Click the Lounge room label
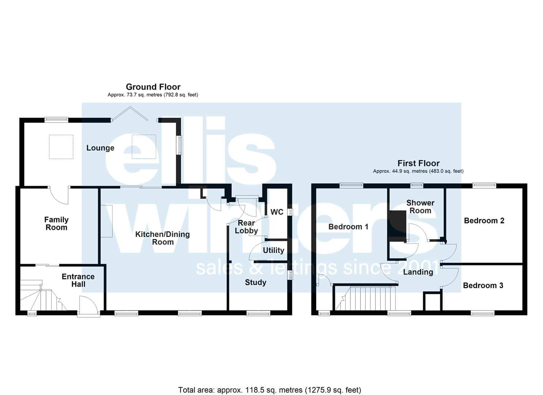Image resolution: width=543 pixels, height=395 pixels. coord(100,148)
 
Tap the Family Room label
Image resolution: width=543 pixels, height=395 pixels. coord(56,223)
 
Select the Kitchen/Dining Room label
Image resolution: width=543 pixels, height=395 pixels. coord(162,238)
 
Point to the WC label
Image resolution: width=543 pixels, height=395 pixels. coord(277,212)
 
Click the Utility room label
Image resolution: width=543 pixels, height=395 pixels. coord(274,250)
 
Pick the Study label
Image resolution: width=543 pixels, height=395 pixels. coord(256,282)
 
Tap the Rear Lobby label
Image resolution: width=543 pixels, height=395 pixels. coord(246,227)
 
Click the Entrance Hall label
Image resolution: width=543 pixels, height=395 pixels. coord(78,280)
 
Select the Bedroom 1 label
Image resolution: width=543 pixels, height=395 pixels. coord(348,227)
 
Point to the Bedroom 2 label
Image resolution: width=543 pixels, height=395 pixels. coord(484,221)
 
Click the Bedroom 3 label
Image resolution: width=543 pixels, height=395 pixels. coord(483,285)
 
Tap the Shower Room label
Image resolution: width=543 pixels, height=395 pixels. coord(421,207)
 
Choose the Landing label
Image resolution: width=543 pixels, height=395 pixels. coord(418,272)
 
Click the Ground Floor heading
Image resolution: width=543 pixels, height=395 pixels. coord(153,87)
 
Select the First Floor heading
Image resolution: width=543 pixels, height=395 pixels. coord(418,163)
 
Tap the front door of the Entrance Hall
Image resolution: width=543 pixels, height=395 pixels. coord(89,306)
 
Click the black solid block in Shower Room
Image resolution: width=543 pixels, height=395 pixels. coord(397,226)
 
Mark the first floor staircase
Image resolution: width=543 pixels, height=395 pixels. coord(365,298)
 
